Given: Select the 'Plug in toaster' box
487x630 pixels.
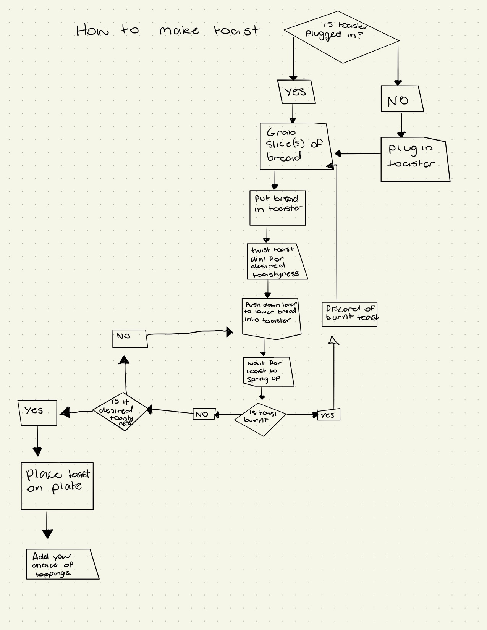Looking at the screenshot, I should pos(414,160).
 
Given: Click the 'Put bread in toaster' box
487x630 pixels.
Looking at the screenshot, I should pos(278,208).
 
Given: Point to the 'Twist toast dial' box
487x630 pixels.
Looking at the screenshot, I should pos(276,262).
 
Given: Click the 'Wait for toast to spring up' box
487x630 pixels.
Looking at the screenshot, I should pos(268,372).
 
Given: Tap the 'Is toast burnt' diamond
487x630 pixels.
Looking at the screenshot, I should pos(260,419).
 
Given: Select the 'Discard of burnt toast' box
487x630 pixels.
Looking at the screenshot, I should pos(349,314).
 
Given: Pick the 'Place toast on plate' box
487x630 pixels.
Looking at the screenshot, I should pos(57,486).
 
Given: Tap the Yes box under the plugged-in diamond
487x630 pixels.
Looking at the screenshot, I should pos(296,92).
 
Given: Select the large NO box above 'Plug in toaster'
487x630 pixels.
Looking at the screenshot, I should pos(401,99).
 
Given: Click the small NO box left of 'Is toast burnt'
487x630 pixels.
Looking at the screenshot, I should pos(204,414).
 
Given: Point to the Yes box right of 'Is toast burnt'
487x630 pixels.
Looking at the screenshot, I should pos(328,415).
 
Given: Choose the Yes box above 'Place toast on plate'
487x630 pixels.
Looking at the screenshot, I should pos(37,413).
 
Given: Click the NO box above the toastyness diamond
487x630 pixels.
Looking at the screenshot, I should pos(130,339).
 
